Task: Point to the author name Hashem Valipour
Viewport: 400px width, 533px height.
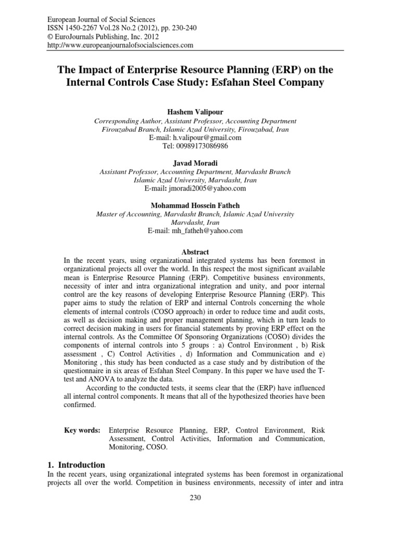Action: coord(199,111)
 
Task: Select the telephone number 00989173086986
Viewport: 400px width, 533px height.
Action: coord(199,146)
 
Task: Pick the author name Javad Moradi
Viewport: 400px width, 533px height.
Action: coord(199,163)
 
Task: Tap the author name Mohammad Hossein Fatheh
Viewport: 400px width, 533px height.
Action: coord(199,206)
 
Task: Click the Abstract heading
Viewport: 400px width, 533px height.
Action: coord(199,251)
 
